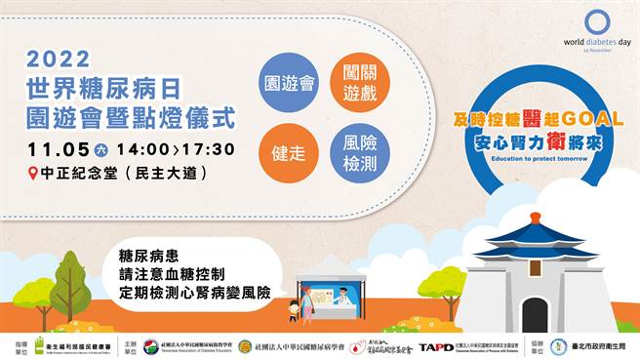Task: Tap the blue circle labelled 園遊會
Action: (291, 82)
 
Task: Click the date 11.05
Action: (56, 149)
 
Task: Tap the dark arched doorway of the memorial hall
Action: (535, 315)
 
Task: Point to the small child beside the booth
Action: (294, 311)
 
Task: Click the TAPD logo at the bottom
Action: (436, 346)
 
